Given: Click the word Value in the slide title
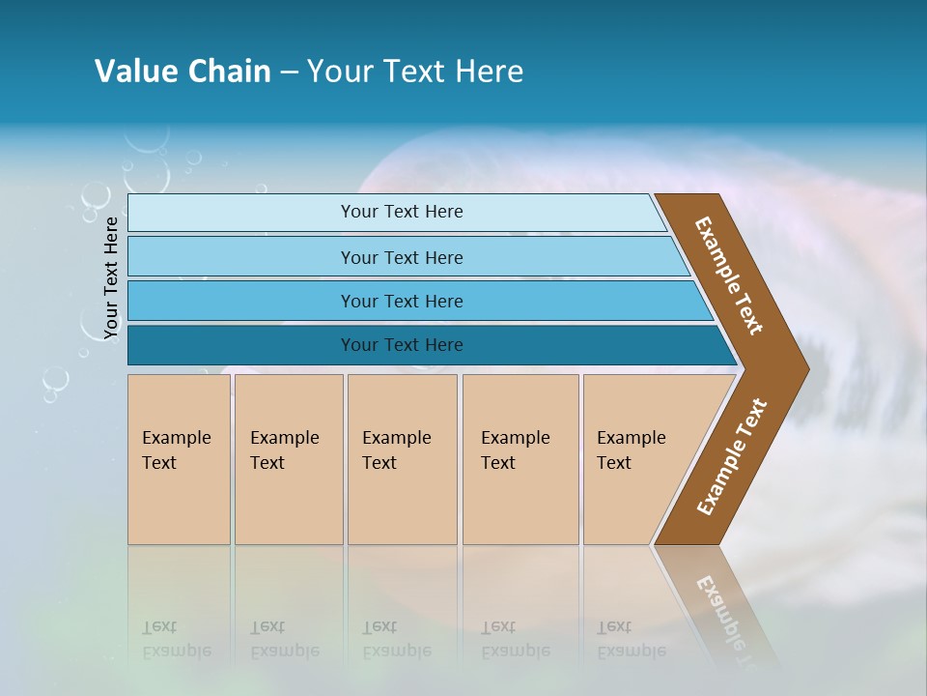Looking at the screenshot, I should (x=133, y=72).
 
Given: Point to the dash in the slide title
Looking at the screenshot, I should (x=289, y=72).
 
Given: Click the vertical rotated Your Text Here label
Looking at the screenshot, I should (x=111, y=277).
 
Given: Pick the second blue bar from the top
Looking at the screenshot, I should (x=401, y=257).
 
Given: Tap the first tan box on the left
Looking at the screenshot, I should (x=179, y=459).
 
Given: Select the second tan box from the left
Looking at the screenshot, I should (x=289, y=459).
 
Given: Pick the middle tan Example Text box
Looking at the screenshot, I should (x=402, y=459).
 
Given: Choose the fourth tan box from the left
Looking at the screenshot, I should (x=520, y=459).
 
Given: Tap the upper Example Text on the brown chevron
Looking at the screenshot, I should (x=729, y=275).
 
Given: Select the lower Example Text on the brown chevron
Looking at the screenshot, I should (x=732, y=457).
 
